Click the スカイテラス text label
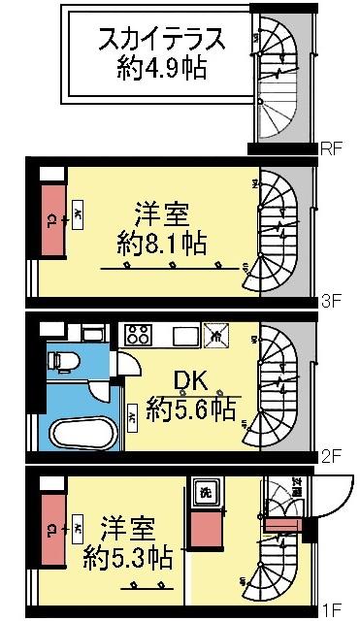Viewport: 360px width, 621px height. click(x=161, y=41)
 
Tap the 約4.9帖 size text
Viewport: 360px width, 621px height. click(x=161, y=71)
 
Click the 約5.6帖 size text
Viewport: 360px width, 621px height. click(x=192, y=409)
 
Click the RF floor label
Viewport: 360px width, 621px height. click(x=333, y=149)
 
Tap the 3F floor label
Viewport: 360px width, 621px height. click(x=333, y=302)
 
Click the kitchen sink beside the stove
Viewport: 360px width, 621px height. click(x=185, y=336)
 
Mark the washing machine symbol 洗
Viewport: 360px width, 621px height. click(x=205, y=491)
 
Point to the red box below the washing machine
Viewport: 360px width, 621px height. click(x=205, y=534)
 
